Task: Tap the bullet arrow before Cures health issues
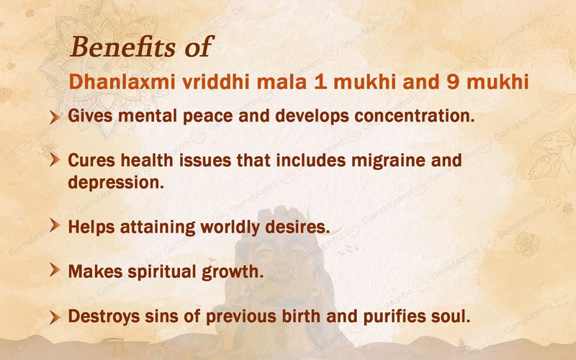[x=54, y=161]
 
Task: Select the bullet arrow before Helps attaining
[x=54, y=227]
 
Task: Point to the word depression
[x=116, y=182]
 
